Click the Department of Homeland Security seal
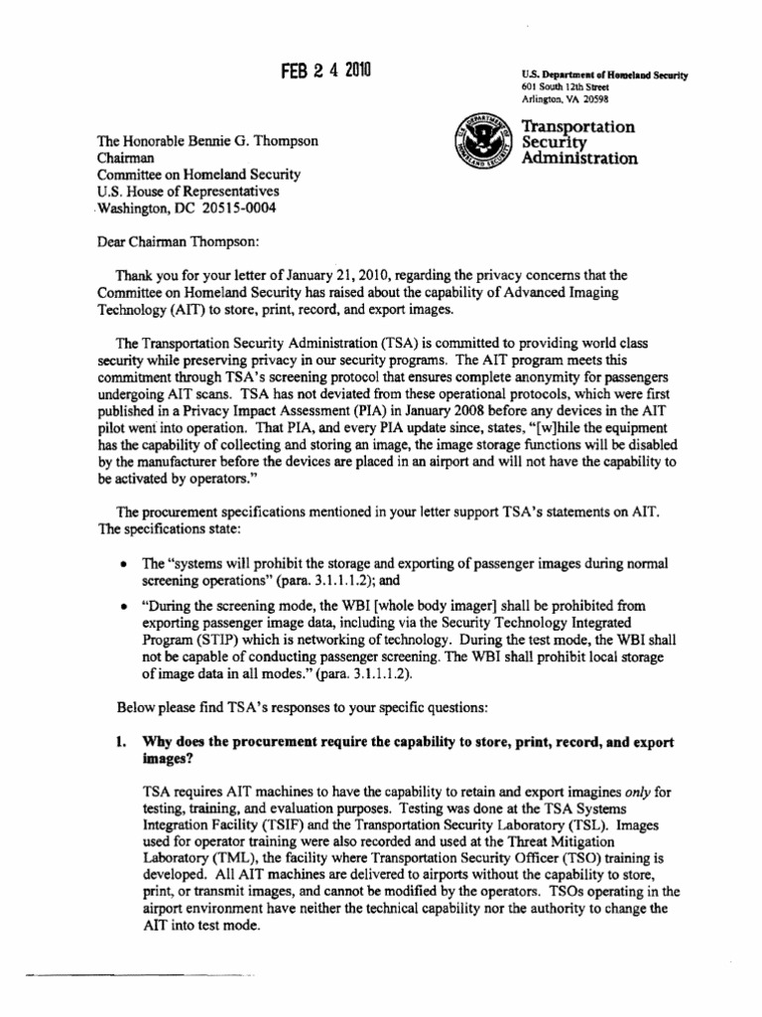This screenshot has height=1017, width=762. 481,140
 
